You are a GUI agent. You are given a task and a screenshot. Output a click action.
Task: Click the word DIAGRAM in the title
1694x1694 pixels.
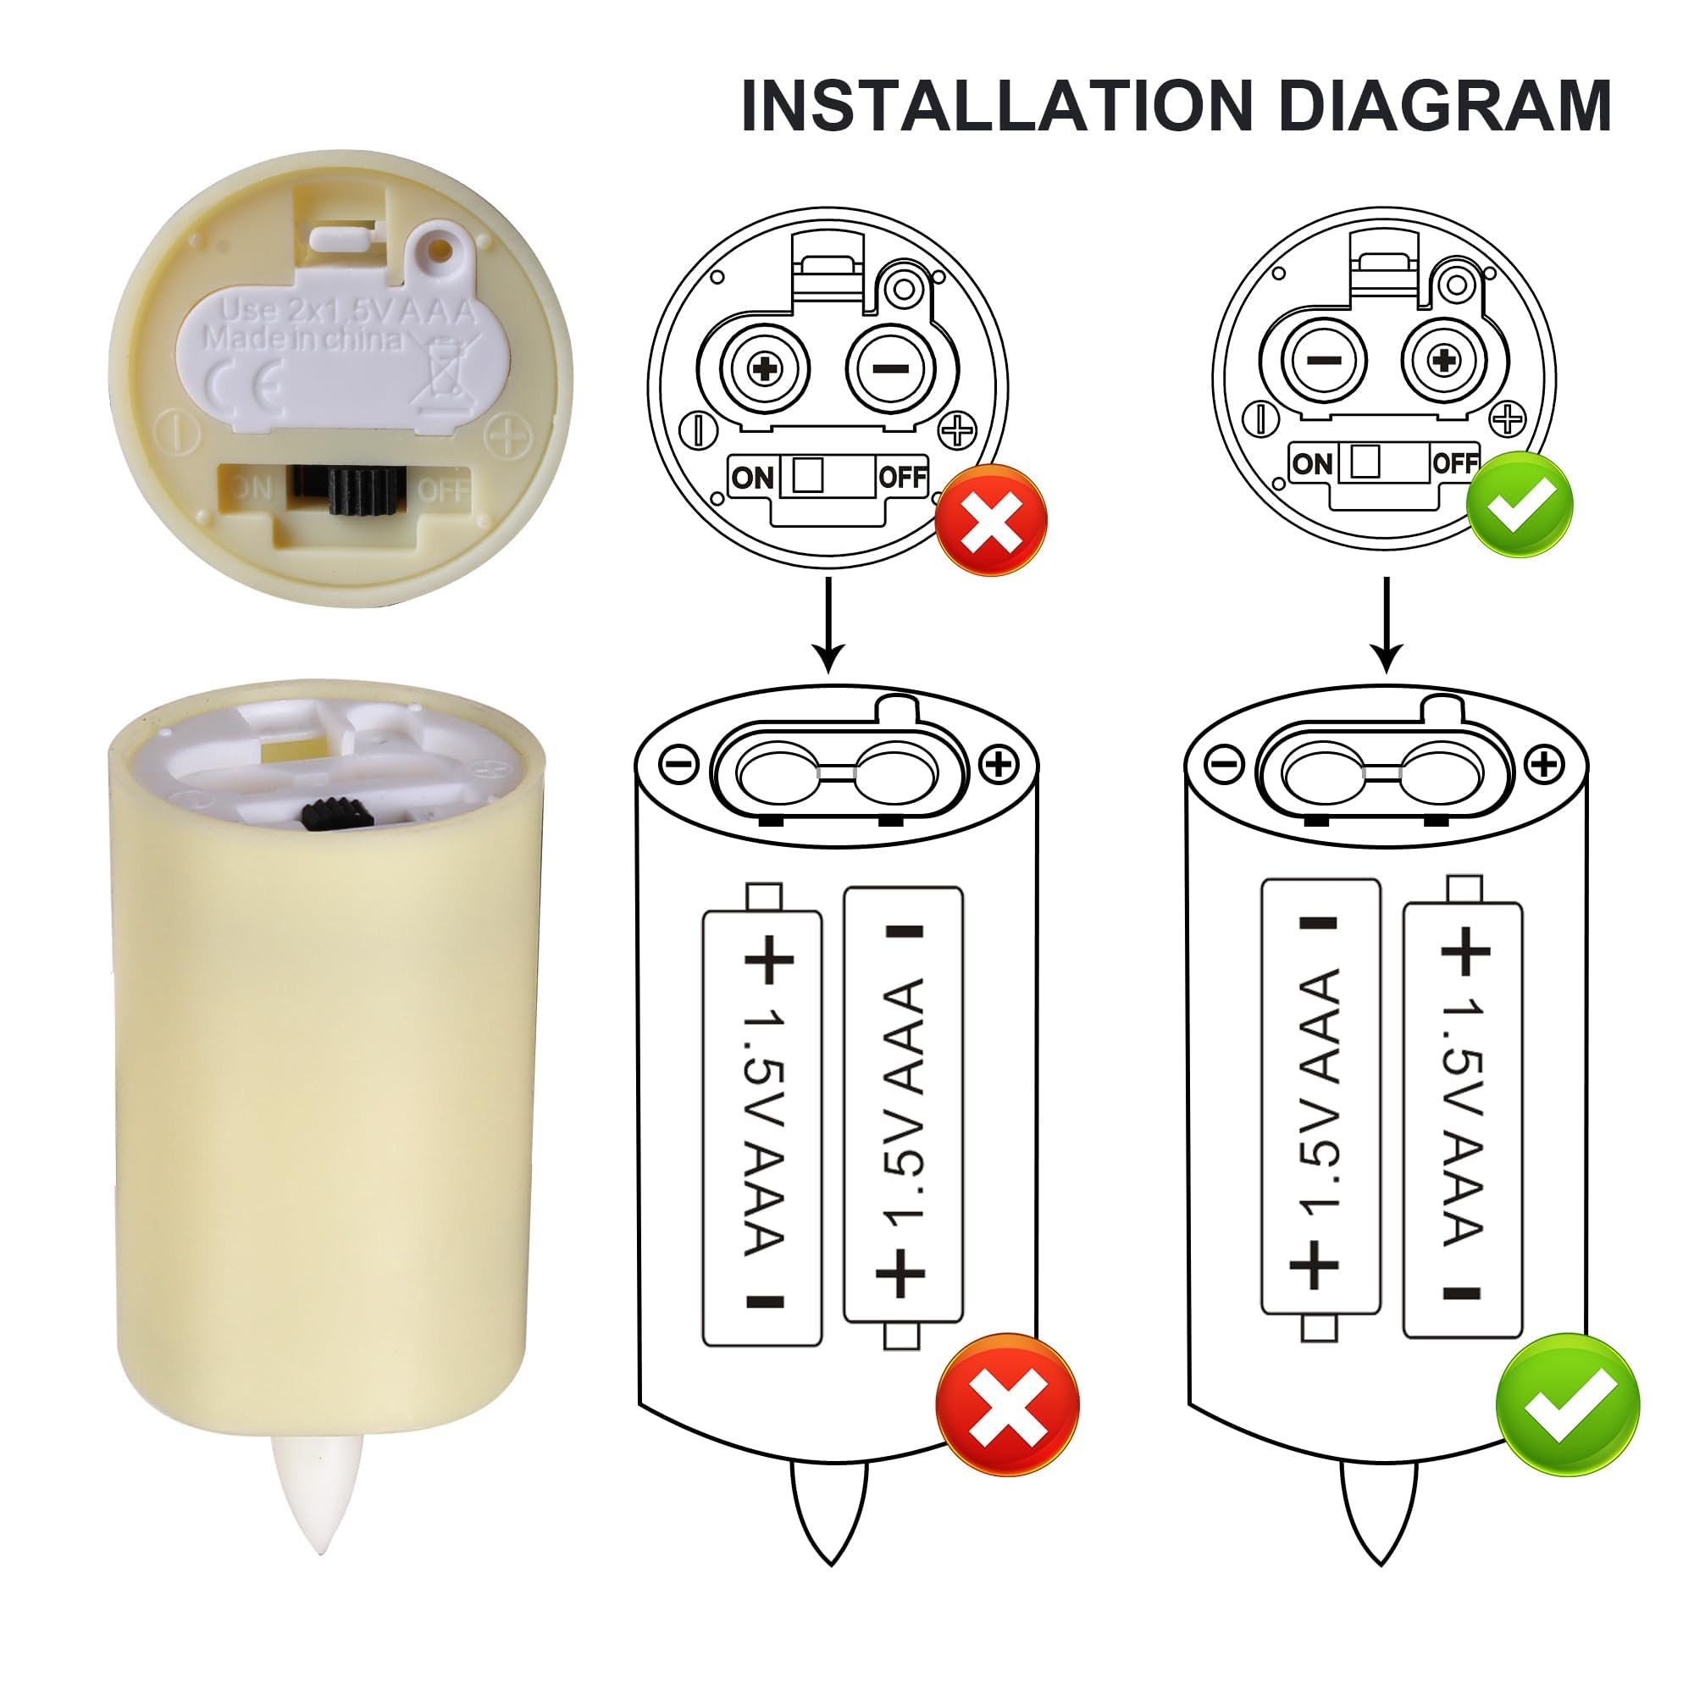click(x=1444, y=106)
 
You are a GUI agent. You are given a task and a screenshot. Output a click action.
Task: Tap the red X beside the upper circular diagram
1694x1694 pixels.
click(x=991, y=520)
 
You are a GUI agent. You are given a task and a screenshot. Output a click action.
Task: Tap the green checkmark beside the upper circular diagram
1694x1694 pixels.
click(x=1520, y=505)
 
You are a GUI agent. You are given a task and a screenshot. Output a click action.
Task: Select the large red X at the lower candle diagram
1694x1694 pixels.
click(x=1007, y=1405)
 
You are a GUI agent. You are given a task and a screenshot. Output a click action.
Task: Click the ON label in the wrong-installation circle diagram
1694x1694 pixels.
click(x=752, y=478)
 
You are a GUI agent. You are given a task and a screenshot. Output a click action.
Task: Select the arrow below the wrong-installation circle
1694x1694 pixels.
click(x=828, y=624)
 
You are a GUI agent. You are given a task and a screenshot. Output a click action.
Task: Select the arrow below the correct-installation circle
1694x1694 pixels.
click(x=1387, y=624)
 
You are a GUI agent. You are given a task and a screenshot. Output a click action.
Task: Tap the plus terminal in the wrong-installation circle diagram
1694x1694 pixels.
click(x=766, y=368)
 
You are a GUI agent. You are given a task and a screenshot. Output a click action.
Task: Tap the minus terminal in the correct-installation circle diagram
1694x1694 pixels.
click(x=1323, y=359)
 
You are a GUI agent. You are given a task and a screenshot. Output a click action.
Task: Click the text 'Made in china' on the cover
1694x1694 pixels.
click(x=303, y=340)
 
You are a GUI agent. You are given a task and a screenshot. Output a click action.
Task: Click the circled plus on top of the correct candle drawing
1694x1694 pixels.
click(x=1545, y=765)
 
